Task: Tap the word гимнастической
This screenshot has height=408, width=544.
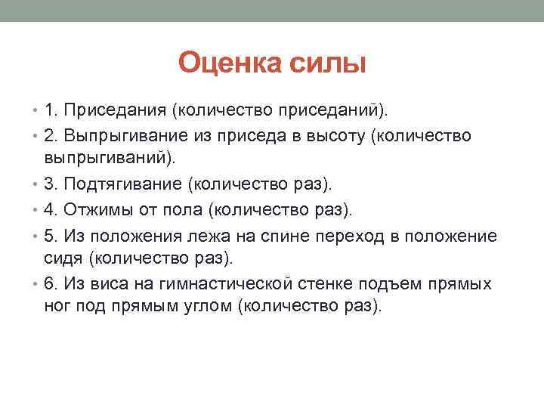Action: [222, 284]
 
